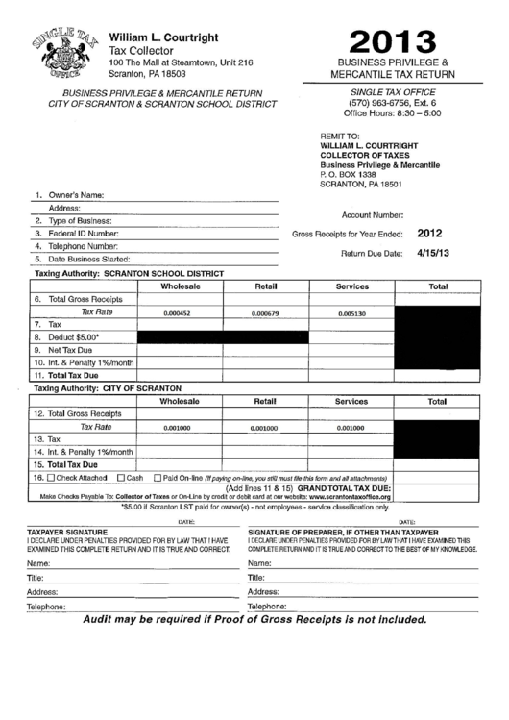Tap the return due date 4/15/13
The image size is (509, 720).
click(x=434, y=253)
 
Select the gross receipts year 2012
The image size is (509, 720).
click(x=429, y=233)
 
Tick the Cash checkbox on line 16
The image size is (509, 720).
click(x=120, y=477)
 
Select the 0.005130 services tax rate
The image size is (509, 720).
click(x=352, y=314)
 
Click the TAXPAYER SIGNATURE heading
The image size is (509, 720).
click(x=66, y=531)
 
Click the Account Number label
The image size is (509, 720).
click(x=373, y=215)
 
